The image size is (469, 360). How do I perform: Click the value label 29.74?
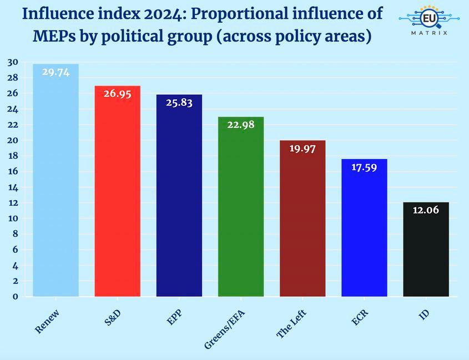pyautogui.click(x=56, y=72)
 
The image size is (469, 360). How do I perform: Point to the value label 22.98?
pyautogui.click(x=240, y=125)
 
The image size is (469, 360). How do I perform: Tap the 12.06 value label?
pyautogui.click(x=425, y=210)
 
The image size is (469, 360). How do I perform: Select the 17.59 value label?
pyautogui.click(x=364, y=167)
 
